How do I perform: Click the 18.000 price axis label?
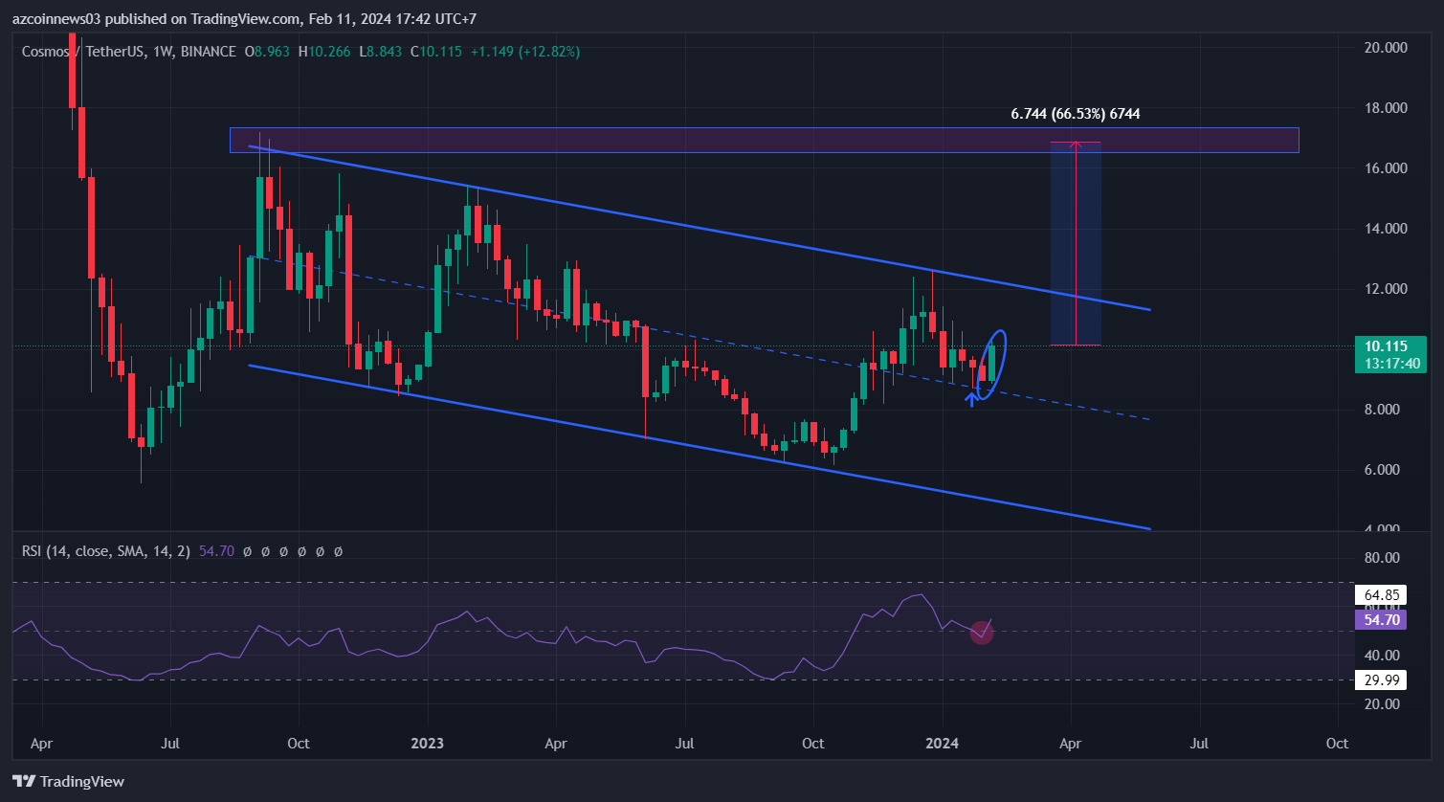click(1380, 108)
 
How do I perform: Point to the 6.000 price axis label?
click(1380, 470)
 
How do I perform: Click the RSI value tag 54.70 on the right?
click(1380, 620)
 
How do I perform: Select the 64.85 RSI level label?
click(1380, 595)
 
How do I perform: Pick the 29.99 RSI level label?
click(1380, 679)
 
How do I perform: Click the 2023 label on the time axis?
click(427, 744)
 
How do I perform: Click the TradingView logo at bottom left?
click(69, 781)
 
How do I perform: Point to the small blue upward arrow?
click(972, 397)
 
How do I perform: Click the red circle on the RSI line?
click(981, 632)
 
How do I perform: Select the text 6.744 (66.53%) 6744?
click(1076, 114)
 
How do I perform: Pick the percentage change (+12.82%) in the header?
click(549, 51)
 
